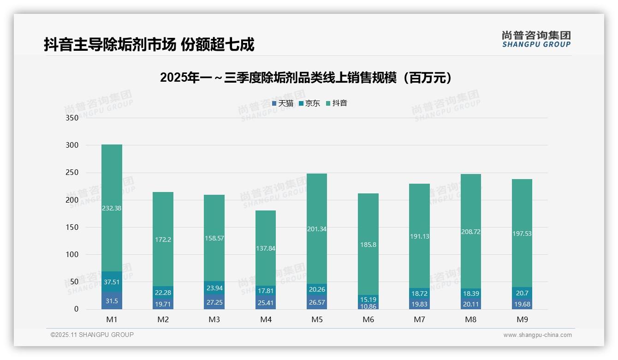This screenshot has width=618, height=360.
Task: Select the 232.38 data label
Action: click(x=112, y=208)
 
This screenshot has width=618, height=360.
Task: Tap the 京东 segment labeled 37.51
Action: click(x=112, y=282)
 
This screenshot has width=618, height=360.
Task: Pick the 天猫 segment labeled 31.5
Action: click(x=112, y=301)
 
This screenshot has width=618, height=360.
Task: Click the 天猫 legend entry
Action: click(x=283, y=103)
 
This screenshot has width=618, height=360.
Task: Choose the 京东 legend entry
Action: click(x=309, y=103)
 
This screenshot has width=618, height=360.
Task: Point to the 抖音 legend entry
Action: click(x=337, y=103)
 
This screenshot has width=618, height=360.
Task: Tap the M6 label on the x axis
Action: click(x=368, y=319)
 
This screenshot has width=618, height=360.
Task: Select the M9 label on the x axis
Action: click(x=522, y=319)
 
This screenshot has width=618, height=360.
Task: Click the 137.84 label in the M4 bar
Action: click(x=265, y=248)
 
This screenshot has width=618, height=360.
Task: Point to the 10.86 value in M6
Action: click(x=368, y=306)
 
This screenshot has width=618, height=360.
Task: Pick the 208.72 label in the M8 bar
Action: click(x=470, y=232)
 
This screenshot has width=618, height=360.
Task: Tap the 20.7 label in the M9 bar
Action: click(x=522, y=293)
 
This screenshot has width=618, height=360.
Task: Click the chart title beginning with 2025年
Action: click(x=305, y=78)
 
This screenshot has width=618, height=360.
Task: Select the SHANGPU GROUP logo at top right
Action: click(x=536, y=39)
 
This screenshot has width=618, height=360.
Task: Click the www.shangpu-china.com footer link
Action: click(x=537, y=335)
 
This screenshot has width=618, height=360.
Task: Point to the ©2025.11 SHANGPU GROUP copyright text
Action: click(x=92, y=335)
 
